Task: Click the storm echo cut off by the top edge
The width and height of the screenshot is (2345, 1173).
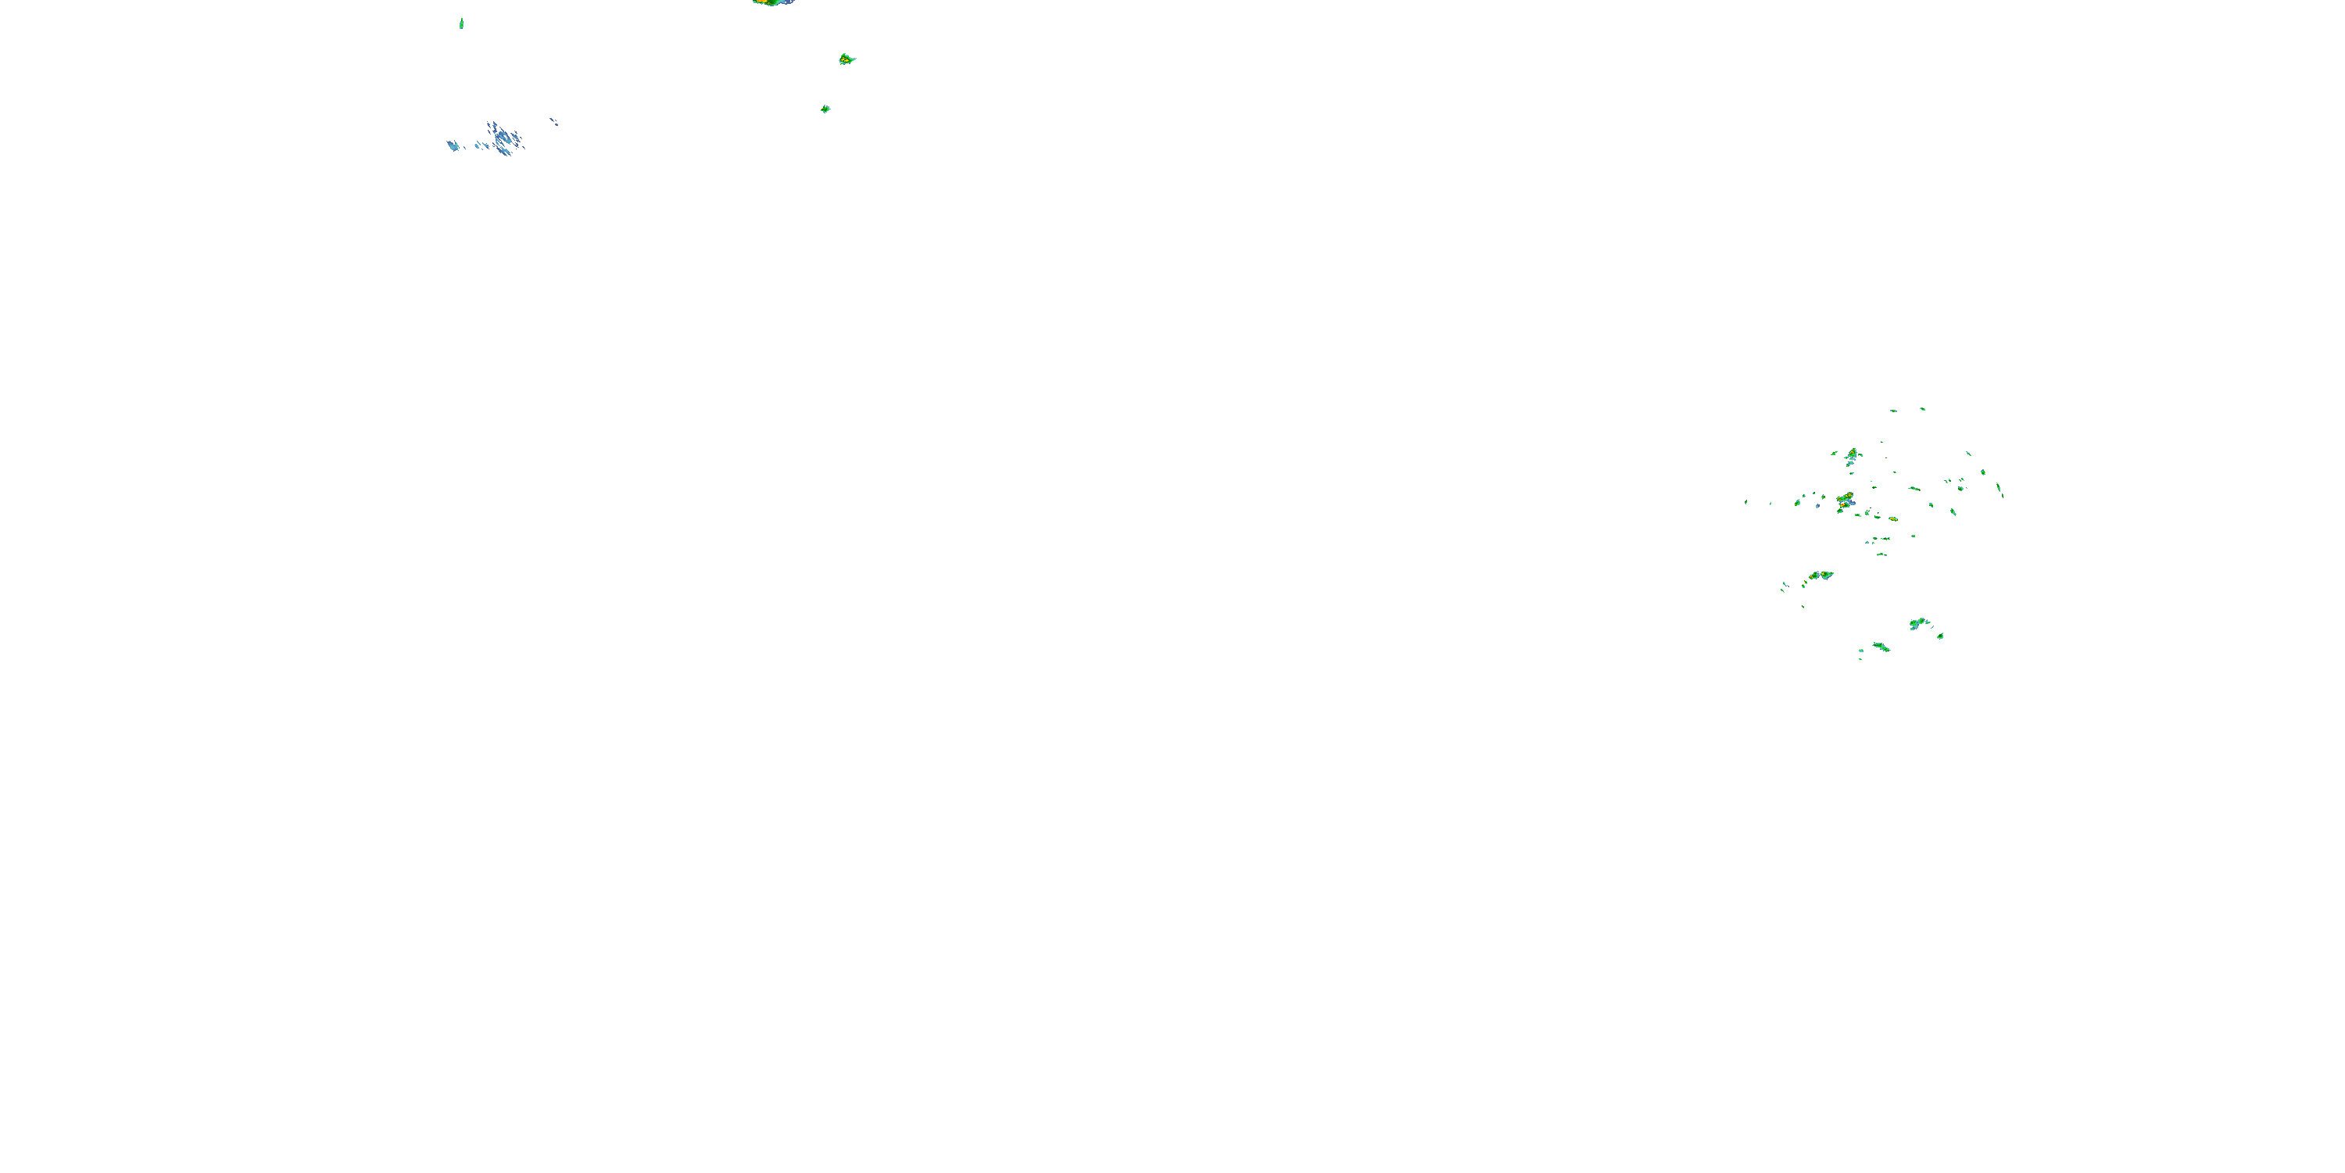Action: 773,2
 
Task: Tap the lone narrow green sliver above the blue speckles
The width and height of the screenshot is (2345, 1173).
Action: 461,23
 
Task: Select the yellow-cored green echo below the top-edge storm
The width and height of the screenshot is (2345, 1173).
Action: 846,59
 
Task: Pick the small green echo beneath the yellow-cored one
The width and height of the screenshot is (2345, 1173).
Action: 825,109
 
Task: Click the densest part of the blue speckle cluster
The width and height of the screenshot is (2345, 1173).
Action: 503,138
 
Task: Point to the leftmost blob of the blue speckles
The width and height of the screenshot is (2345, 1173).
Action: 453,145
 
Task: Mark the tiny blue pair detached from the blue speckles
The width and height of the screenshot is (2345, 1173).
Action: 553,121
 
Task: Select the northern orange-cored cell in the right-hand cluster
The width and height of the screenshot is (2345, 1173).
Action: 1852,454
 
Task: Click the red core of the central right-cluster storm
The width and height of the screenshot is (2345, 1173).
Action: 1846,500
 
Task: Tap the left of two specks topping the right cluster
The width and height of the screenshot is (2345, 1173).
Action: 1892,411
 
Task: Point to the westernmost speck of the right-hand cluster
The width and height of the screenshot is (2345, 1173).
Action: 1745,502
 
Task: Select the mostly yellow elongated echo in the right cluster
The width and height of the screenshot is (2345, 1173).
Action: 1821,576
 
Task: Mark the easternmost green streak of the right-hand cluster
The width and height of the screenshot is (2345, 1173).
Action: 2000,489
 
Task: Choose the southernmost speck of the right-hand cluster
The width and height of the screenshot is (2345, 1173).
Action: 1860,658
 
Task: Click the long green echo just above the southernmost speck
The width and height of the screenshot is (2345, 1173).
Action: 1881,647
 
